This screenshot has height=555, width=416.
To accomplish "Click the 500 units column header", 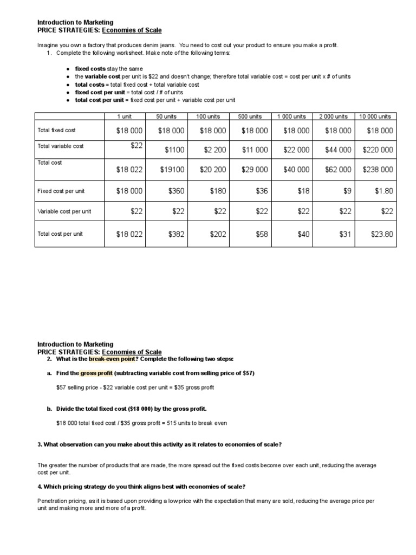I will (250, 117).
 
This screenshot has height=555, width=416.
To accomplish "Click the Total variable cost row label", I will (60, 146).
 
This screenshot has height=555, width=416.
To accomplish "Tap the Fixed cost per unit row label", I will (61, 191).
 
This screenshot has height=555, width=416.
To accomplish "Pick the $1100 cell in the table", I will (172, 150).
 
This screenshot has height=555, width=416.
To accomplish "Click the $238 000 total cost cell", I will (378, 170).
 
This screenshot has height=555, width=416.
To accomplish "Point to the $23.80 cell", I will (381, 234).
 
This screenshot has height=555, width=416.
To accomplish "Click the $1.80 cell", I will (383, 191).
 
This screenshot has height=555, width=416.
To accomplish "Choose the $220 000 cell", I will (378, 150).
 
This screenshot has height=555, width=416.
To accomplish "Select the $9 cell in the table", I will (347, 191).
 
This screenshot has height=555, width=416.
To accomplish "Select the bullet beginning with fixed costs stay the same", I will (108, 69).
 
